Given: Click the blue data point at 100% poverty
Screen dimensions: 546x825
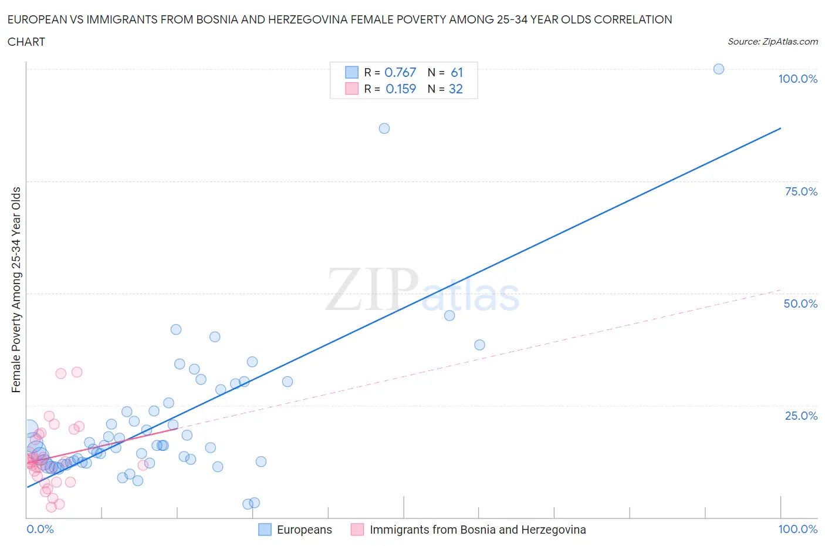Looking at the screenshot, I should (x=718, y=69).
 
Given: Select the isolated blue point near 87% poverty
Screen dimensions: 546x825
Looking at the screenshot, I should (x=384, y=129).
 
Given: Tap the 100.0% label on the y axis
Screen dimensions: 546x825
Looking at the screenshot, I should (x=797, y=79).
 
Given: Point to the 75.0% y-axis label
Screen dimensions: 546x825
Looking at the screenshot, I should (x=801, y=192).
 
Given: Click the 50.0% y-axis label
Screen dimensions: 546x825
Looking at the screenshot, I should (x=800, y=304).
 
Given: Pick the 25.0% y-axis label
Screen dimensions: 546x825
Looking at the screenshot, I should (x=801, y=416).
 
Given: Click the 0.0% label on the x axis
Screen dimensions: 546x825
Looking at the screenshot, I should (x=40, y=530).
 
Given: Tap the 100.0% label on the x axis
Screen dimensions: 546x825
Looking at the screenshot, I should (x=797, y=530).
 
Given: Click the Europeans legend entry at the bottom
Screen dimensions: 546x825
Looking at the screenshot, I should (x=304, y=530).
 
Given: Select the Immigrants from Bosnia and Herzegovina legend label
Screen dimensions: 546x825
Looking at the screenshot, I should (x=478, y=530).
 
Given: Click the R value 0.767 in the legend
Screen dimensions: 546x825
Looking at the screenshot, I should (x=400, y=73).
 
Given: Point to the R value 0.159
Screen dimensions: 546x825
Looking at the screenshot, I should (x=401, y=89).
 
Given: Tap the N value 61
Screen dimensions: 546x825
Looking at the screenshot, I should (x=457, y=73).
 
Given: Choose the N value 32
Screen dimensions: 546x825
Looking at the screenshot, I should (x=456, y=89).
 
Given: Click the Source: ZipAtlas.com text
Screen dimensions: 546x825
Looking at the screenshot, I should (x=772, y=42).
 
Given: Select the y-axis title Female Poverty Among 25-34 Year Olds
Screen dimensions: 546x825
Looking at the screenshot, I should (x=16, y=289).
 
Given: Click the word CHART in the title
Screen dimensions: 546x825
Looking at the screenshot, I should (x=26, y=42).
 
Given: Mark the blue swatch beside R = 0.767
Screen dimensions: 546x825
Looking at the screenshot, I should (x=351, y=73).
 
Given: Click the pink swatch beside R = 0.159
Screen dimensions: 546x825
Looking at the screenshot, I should (x=351, y=89).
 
